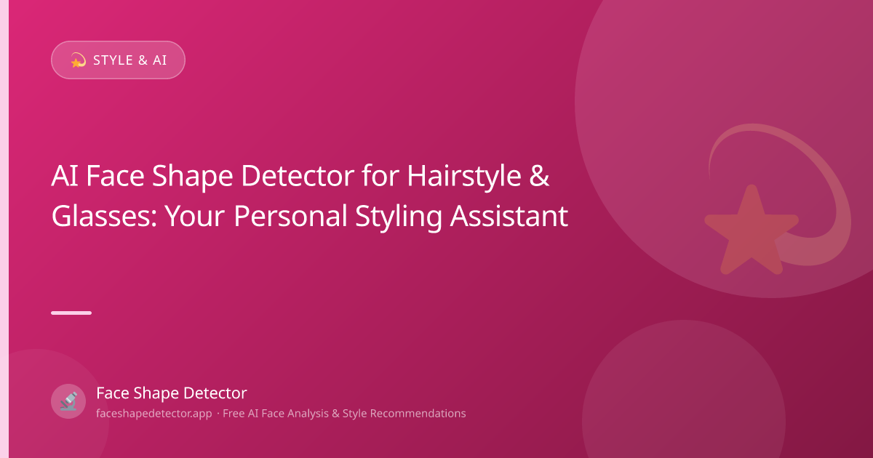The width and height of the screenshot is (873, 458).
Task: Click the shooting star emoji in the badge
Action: pyautogui.click(x=78, y=60)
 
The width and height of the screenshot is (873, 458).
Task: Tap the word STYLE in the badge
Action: pyautogui.click(x=113, y=60)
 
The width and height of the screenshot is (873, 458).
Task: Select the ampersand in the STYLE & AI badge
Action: pyautogui.click(x=143, y=60)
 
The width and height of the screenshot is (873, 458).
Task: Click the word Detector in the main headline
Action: pyautogui.click(x=298, y=176)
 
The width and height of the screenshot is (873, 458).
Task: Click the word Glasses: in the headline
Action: pyautogui.click(x=104, y=217)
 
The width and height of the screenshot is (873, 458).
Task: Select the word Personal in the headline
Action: pyautogui.click(x=290, y=216)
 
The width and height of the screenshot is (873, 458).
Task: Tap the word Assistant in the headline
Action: pyautogui.click(x=509, y=216)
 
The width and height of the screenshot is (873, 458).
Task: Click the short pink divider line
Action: pyautogui.click(x=71, y=313)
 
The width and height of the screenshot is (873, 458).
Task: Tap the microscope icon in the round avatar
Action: pyautogui.click(x=68, y=401)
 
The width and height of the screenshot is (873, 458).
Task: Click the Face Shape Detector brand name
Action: pyautogui.click(x=172, y=393)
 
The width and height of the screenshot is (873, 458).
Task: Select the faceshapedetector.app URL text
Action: pyautogui.click(x=154, y=413)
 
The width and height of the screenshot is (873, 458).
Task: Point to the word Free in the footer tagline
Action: pyautogui.click(x=233, y=413)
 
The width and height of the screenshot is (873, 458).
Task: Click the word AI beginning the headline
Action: pyautogui.click(x=65, y=176)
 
